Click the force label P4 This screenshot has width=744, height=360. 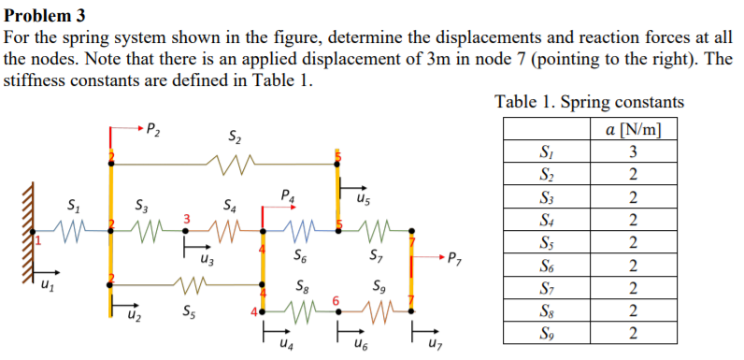pos(288,196)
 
